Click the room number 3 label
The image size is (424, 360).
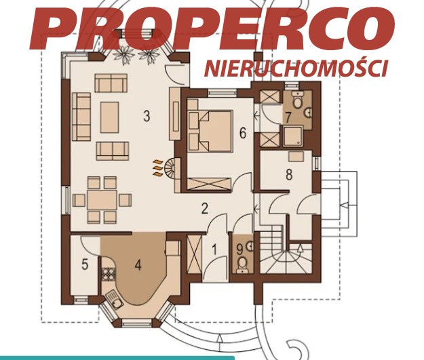coord(147,116)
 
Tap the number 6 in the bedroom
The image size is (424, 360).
coord(243,133)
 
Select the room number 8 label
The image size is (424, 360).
coord(289,174)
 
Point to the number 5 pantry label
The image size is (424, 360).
coord(85,264)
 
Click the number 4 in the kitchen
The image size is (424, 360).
coord(138,265)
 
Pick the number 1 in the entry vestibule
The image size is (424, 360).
coord(214,249)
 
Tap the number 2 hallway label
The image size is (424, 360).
coord(205,209)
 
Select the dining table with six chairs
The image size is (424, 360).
coord(102,200)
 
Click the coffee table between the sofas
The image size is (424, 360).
coord(109,117)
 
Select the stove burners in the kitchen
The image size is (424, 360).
coord(108,273)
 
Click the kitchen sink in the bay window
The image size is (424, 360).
coord(114,300)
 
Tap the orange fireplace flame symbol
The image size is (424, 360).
coord(157,168)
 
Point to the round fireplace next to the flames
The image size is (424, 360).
coord(169,167)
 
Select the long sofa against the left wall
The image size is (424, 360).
coord(81,117)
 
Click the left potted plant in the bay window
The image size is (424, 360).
coord(124,55)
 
